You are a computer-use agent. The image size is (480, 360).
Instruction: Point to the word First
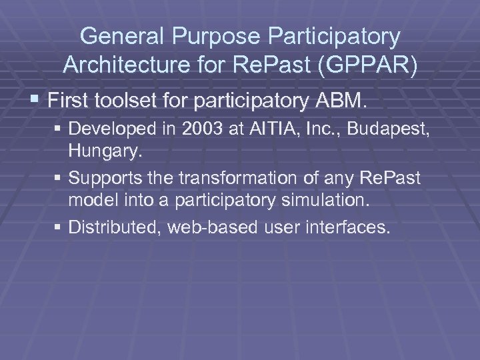[71, 101]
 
